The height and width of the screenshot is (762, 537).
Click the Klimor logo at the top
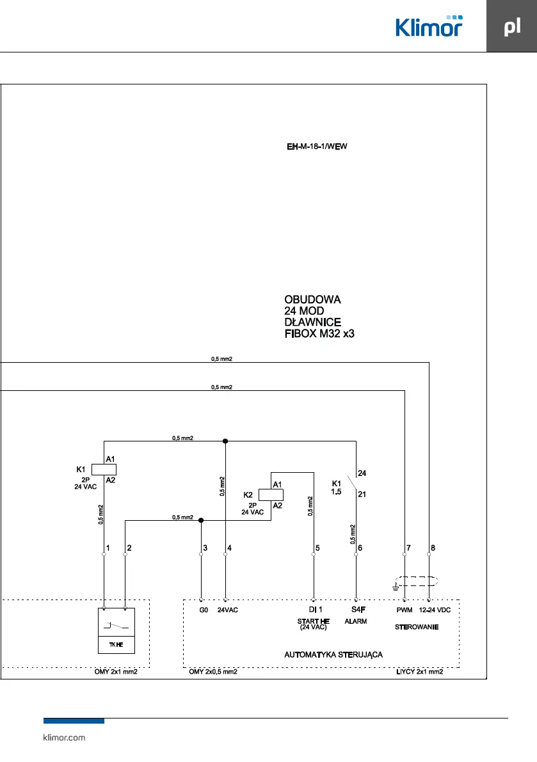[x=428, y=26]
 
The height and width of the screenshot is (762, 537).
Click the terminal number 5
[x=317, y=548]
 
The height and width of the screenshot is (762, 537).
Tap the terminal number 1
[x=108, y=548]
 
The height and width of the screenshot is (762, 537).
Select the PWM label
[x=404, y=610]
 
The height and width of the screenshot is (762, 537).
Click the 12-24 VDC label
[x=435, y=610]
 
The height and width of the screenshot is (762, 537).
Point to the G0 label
[x=203, y=610]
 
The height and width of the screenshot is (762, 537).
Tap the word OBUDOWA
[x=312, y=299]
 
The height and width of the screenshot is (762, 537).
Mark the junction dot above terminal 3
[x=201, y=520]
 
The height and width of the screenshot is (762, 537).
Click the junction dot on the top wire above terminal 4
[x=225, y=441]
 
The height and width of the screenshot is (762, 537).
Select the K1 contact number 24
[x=362, y=473]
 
